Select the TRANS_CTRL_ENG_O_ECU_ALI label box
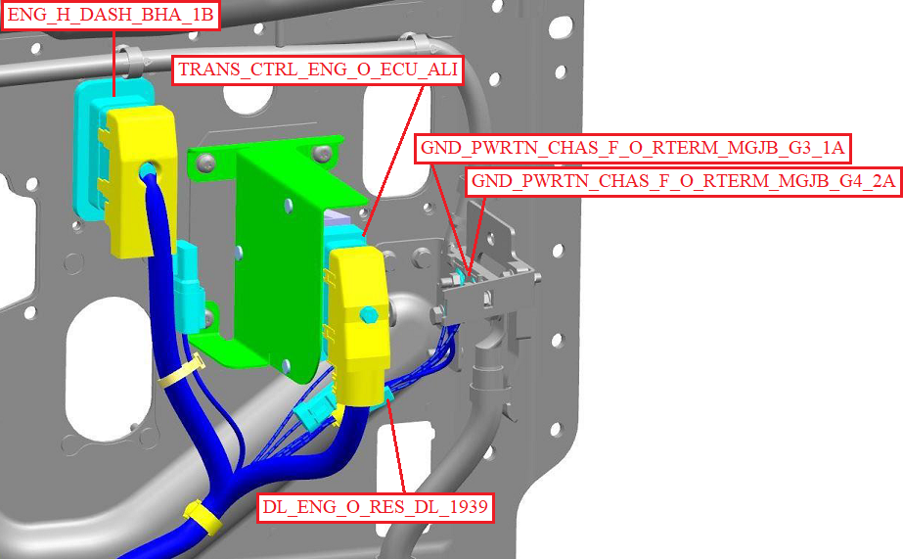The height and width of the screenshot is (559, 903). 318,70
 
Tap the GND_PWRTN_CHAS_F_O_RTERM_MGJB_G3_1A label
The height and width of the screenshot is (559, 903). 632,148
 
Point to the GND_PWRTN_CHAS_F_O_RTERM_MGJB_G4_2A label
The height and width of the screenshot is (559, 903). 683,181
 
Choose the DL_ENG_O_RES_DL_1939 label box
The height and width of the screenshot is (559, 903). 376,508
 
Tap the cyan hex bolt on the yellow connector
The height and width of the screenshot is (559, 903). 368,315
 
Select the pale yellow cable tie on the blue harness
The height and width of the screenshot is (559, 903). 181,373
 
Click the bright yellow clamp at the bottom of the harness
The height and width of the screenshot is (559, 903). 203,516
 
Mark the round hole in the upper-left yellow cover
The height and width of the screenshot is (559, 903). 147,170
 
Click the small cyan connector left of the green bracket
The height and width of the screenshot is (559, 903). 188,285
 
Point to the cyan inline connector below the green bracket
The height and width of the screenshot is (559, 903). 314,408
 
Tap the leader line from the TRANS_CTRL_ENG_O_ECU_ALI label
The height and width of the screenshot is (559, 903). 394,160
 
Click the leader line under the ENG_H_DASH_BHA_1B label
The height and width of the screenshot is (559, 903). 114,63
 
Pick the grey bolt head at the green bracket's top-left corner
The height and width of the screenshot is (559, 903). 205,164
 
